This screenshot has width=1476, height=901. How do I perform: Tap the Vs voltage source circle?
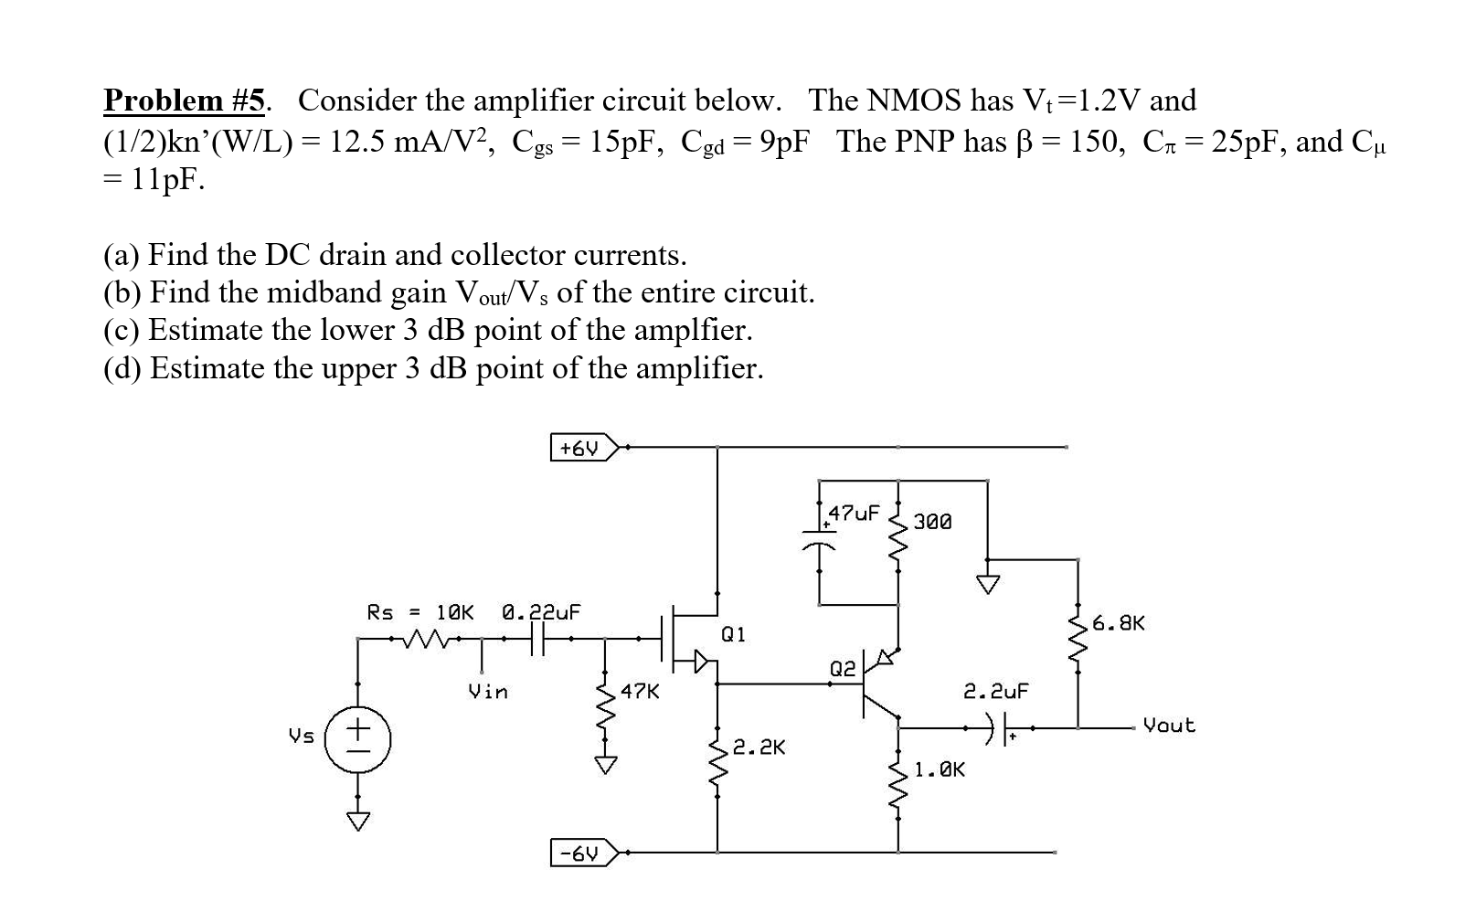click(x=357, y=739)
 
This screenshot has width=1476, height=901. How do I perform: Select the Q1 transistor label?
click(x=733, y=634)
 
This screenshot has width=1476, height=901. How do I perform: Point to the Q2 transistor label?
click(x=842, y=669)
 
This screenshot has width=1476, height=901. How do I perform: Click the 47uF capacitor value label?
click(x=854, y=513)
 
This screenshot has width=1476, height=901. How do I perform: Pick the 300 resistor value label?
click(x=932, y=522)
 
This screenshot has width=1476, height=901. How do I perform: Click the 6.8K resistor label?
click(x=1119, y=623)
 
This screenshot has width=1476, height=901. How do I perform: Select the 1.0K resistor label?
click(x=940, y=769)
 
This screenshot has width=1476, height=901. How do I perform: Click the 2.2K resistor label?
click(x=759, y=747)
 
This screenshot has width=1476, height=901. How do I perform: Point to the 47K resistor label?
click(x=640, y=691)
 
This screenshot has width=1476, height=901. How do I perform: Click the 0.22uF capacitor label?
click(x=542, y=612)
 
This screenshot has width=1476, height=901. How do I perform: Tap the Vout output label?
click(x=1169, y=726)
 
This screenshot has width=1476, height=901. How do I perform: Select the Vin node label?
click(x=488, y=691)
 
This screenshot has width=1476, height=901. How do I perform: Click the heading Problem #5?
click(x=185, y=101)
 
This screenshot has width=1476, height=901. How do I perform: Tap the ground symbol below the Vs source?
click(x=357, y=821)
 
